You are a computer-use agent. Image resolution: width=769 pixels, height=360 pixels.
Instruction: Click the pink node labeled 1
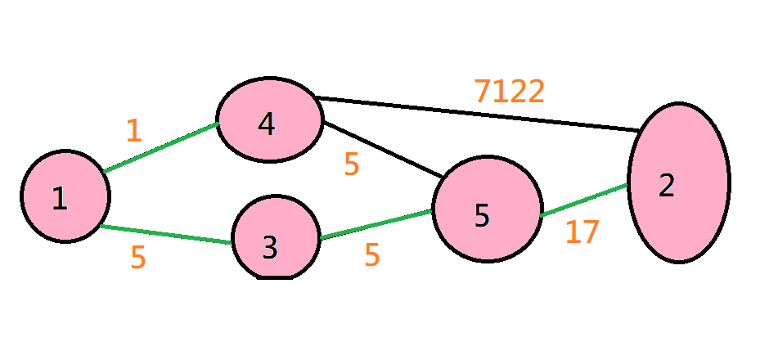pos(65,196)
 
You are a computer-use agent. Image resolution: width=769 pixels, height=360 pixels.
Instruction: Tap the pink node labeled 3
pos(275,238)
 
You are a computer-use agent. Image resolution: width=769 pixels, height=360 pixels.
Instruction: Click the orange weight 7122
pos(509,91)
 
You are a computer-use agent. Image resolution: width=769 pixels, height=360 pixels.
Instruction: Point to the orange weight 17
pos(582,232)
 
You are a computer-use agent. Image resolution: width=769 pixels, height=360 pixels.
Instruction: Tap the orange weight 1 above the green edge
pos(133,131)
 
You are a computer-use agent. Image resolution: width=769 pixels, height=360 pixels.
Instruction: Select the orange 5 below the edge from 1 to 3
pos(138,257)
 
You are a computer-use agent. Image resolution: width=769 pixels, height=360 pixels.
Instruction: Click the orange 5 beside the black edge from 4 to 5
pos(352,164)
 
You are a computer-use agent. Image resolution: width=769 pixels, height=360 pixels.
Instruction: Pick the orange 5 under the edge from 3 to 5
pos(372,255)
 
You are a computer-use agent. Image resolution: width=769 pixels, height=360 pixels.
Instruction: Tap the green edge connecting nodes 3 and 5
pos(376,225)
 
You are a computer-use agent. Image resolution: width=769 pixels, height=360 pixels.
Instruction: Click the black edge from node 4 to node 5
pos(383,149)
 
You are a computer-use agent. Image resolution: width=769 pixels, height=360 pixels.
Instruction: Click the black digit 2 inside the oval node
pos(667,186)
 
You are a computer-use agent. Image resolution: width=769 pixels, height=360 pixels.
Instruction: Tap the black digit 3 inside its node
pos(270,246)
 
